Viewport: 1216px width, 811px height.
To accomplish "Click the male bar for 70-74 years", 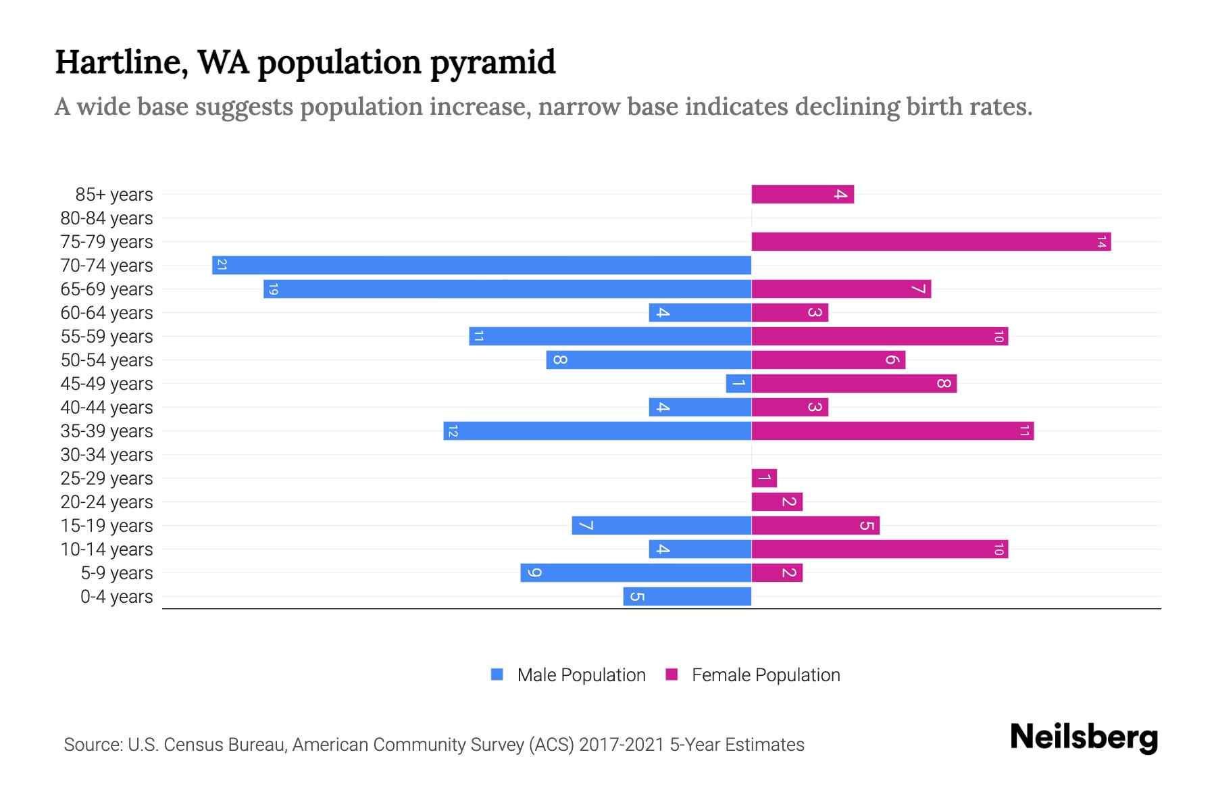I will [x=482, y=265].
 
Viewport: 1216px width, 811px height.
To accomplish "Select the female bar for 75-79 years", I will [x=931, y=241].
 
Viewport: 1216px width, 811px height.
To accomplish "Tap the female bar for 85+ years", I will [x=803, y=194].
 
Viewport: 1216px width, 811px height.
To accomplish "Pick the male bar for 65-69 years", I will [x=507, y=289].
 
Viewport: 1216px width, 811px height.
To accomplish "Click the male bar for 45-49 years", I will [x=738, y=383].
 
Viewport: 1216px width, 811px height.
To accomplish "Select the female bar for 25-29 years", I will [x=764, y=478].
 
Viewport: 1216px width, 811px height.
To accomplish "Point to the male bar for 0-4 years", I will [x=687, y=596].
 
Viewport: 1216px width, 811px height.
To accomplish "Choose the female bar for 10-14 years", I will [x=880, y=549].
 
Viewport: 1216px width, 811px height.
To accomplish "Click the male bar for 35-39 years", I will [x=597, y=431].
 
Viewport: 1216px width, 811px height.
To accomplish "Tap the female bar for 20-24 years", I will [x=777, y=501].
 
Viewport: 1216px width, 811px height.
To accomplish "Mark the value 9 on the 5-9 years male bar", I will [x=534, y=572].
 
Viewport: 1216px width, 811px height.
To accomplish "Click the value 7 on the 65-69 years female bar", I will [x=917, y=289].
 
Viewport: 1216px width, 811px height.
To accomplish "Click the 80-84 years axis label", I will [x=107, y=218].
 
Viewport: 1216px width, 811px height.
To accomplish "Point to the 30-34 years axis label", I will [x=107, y=455].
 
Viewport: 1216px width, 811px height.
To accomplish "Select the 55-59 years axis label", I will [x=107, y=337].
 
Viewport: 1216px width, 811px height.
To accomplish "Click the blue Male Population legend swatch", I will [x=497, y=674].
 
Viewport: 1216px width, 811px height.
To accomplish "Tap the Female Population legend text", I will [x=765, y=674].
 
